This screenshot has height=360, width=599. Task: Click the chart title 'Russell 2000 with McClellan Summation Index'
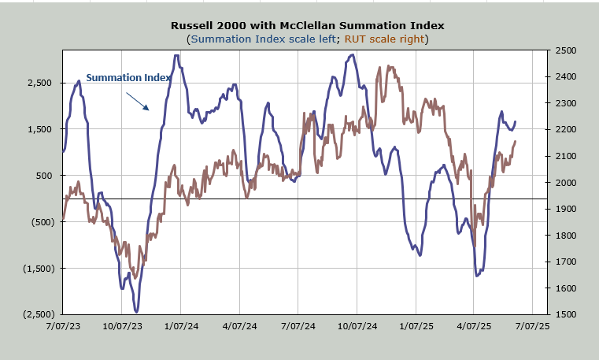[x=299, y=24]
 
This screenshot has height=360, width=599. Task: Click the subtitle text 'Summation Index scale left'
[x=253, y=39]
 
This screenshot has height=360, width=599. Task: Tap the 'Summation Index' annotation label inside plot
[x=128, y=77]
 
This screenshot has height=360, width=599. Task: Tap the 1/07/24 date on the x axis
[x=181, y=325]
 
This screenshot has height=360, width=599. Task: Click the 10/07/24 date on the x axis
[x=357, y=325]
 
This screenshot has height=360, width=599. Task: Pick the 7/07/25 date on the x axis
[x=532, y=325]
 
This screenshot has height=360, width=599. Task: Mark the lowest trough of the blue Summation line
[x=136, y=311]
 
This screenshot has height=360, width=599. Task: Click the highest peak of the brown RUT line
[x=380, y=67]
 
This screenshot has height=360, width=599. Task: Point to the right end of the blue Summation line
[x=516, y=122]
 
